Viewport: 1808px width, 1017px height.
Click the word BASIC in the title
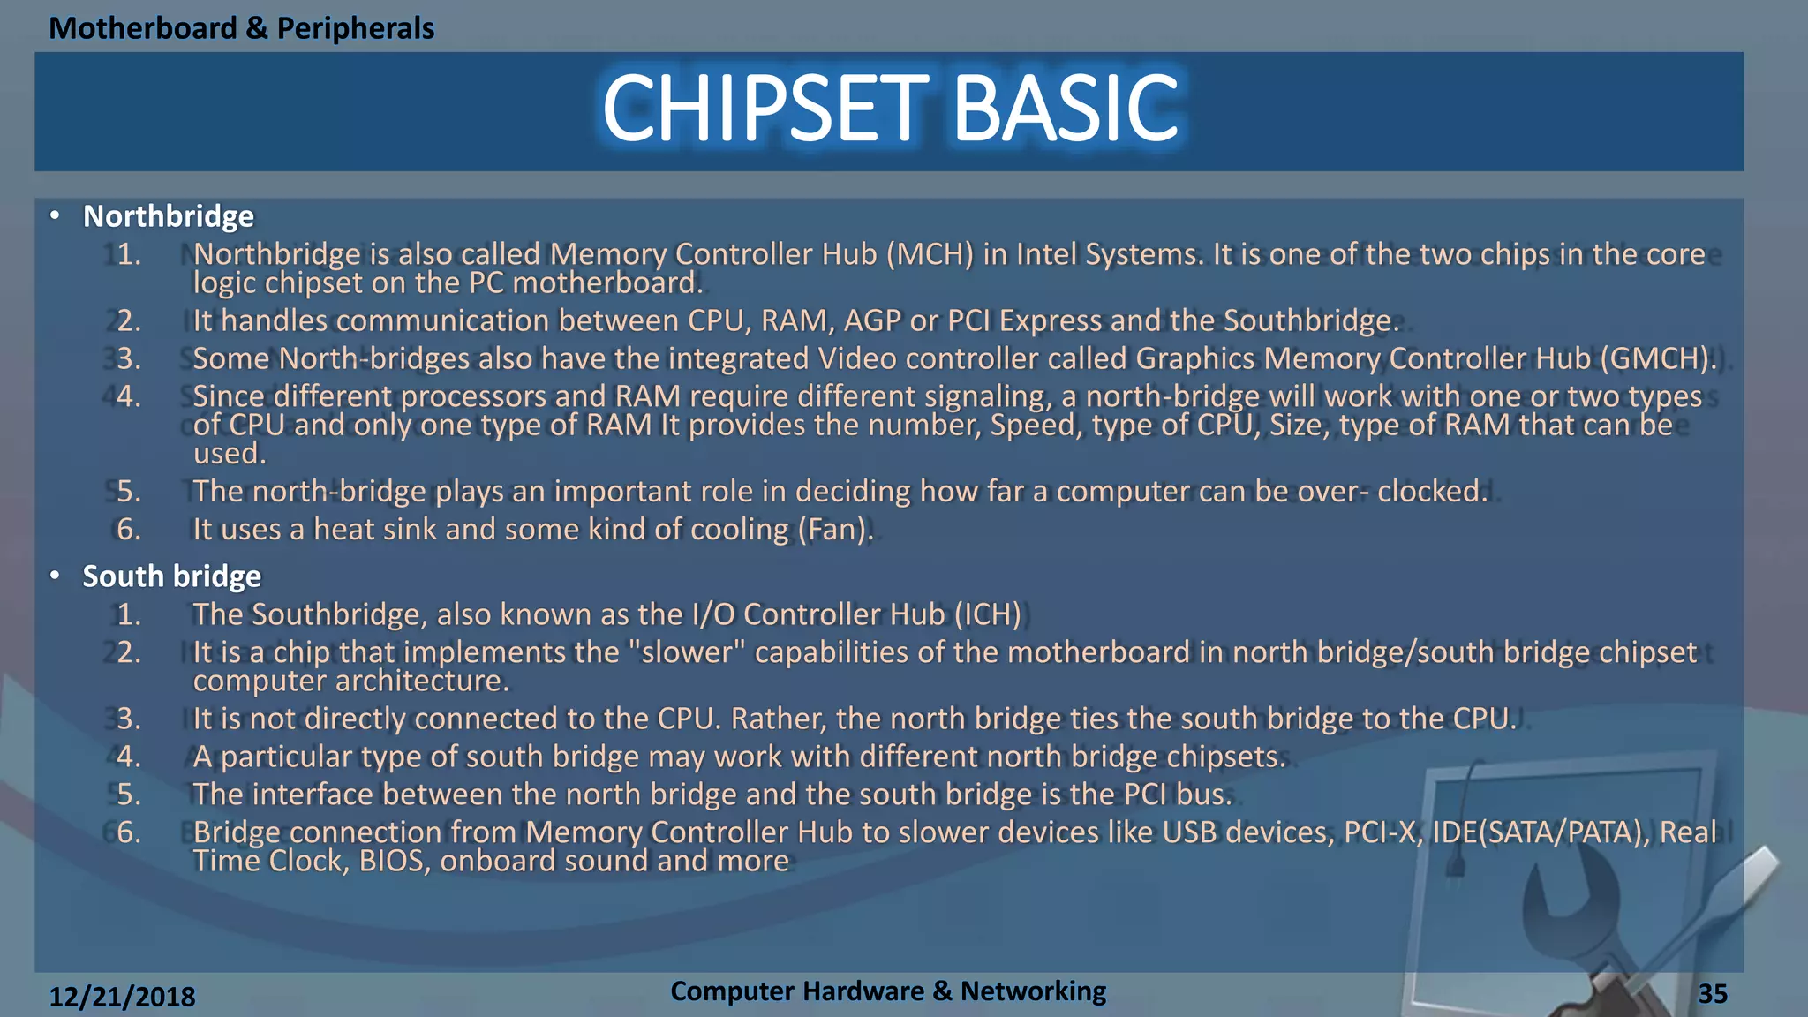click(x=1066, y=108)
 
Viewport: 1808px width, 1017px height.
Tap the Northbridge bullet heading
click(x=168, y=216)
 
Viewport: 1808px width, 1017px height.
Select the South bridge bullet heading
click(x=171, y=576)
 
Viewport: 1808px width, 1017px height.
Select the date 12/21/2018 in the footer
click(x=122, y=997)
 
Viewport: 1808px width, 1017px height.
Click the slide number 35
click(x=1712, y=994)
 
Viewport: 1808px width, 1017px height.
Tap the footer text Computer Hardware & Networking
click(x=887, y=991)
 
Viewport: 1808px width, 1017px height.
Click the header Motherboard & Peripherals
click(x=241, y=28)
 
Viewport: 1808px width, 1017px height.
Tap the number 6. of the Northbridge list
click(x=129, y=530)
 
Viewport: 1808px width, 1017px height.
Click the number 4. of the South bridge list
click(x=129, y=757)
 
